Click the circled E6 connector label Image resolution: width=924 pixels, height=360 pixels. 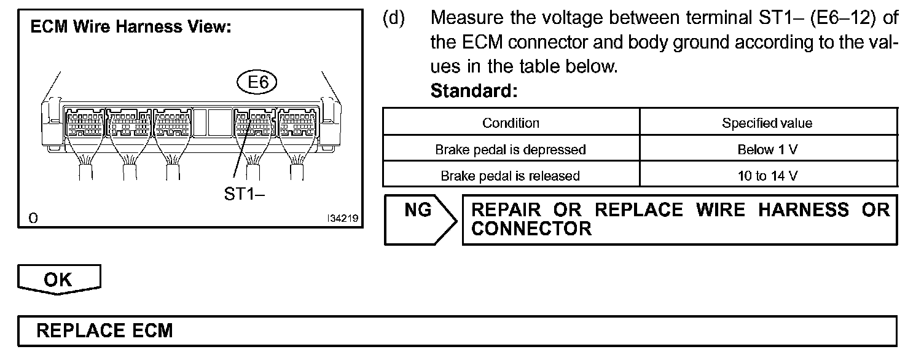pyautogui.click(x=257, y=83)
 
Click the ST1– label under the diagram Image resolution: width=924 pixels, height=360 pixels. pyautogui.click(x=245, y=195)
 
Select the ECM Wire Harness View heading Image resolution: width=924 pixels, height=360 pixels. pyautogui.click(x=130, y=28)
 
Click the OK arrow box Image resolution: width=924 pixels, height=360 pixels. pyautogui.click(x=59, y=280)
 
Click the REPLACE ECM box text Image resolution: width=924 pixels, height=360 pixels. pyautogui.click(x=105, y=331)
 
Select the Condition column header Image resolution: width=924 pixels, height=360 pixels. pyautogui.click(x=511, y=123)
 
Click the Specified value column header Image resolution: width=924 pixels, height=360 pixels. pyautogui.click(x=767, y=123)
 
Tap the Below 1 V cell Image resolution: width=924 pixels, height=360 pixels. pyautogui.click(x=767, y=149)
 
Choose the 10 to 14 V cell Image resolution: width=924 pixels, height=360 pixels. pyautogui.click(x=767, y=176)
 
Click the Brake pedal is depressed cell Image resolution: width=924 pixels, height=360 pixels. pyautogui.click(x=511, y=149)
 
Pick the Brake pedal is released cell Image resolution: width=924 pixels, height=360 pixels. pyautogui.click(x=511, y=176)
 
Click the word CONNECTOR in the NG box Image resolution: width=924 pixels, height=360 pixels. pyautogui.click(x=531, y=229)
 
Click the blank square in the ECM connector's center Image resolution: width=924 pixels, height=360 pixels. pyautogui.click(x=217, y=122)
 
